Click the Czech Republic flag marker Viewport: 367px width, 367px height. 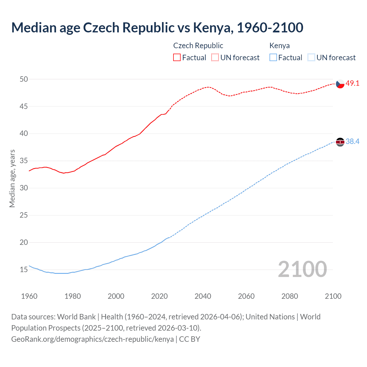point(340,84)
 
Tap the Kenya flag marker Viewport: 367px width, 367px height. point(340,142)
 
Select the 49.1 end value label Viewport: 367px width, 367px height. point(352,83)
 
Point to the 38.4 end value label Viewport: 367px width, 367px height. point(352,142)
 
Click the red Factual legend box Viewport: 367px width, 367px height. point(177,58)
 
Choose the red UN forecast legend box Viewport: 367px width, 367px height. point(215,58)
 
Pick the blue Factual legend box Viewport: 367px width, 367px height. point(273,58)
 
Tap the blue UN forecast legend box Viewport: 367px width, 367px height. point(311,58)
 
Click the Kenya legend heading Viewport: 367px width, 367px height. point(280,46)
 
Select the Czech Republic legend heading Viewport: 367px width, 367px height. point(198,46)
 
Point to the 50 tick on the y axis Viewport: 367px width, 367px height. point(24,79)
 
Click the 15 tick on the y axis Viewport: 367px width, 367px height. point(24,270)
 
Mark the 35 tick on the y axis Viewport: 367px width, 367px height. point(24,161)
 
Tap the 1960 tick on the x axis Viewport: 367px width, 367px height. point(29,296)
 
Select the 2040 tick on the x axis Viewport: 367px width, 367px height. point(203,296)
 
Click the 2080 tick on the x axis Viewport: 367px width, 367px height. point(290,296)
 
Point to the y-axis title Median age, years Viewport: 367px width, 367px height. point(12,178)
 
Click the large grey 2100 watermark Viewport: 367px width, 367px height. point(302,269)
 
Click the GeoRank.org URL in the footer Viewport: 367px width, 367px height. point(92,339)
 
